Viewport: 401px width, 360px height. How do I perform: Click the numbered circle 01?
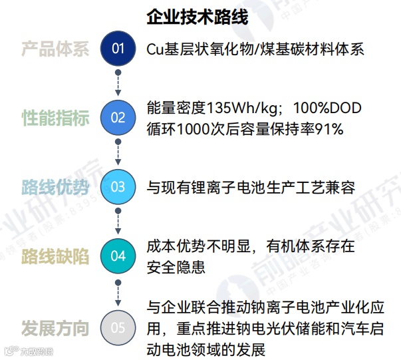(118, 49)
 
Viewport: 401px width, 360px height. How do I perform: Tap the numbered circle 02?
(118, 118)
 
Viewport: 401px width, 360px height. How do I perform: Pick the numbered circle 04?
(118, 256)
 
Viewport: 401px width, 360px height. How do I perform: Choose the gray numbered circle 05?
(118, 327)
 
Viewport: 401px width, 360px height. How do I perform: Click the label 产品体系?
(55, 49)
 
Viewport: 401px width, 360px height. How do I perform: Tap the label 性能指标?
(55, 118)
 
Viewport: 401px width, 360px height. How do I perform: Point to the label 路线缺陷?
(55, 257)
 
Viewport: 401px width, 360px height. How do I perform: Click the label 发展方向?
(55, 328)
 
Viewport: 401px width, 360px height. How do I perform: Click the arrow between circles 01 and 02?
(118, 83)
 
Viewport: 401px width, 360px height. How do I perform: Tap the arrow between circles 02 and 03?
(118, 152)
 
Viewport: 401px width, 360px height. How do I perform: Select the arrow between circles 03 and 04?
(118, 222)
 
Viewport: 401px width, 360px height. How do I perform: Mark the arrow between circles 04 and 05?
(118, 291)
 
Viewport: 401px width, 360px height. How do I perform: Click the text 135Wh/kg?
(237, 108)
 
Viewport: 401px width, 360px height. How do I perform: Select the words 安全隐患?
(176, 266)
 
